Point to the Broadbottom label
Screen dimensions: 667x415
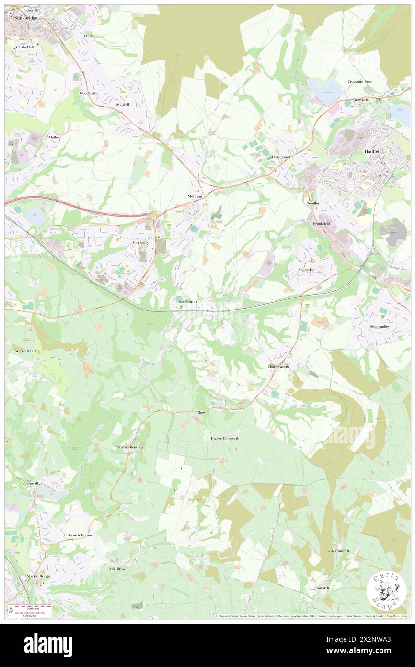tap(187, 301)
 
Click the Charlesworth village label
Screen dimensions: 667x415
tap(278, 366)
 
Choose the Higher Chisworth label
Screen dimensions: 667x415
tap(225, 438)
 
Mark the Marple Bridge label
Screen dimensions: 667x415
tap(38, 576)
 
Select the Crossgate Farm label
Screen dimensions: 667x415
tap(360, 82)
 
